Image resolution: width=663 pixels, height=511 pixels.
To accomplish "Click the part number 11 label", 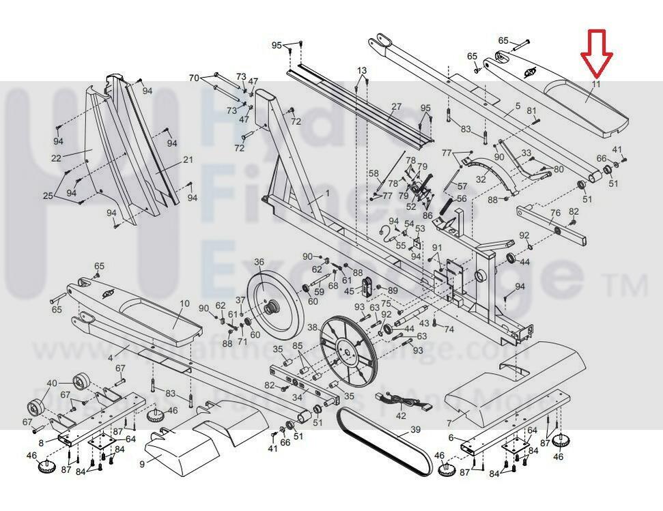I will click(595, 85).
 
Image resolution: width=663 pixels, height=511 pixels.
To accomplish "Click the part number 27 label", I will click(397, 107).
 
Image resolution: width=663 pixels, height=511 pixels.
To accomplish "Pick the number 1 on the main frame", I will click(326, 194).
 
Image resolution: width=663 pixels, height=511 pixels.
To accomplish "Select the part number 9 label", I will click(142, 464).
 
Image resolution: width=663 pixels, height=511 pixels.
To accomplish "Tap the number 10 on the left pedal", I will click(185, 304).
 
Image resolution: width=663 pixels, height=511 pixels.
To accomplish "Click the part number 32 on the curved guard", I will click(481, 179).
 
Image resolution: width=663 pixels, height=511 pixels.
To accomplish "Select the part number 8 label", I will click(41, 443).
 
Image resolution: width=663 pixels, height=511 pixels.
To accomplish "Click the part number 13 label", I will click(361, 71).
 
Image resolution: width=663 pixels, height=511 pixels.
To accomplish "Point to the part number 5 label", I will click(518, 106).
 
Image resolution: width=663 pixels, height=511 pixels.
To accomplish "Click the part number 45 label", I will click(349, 291).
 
